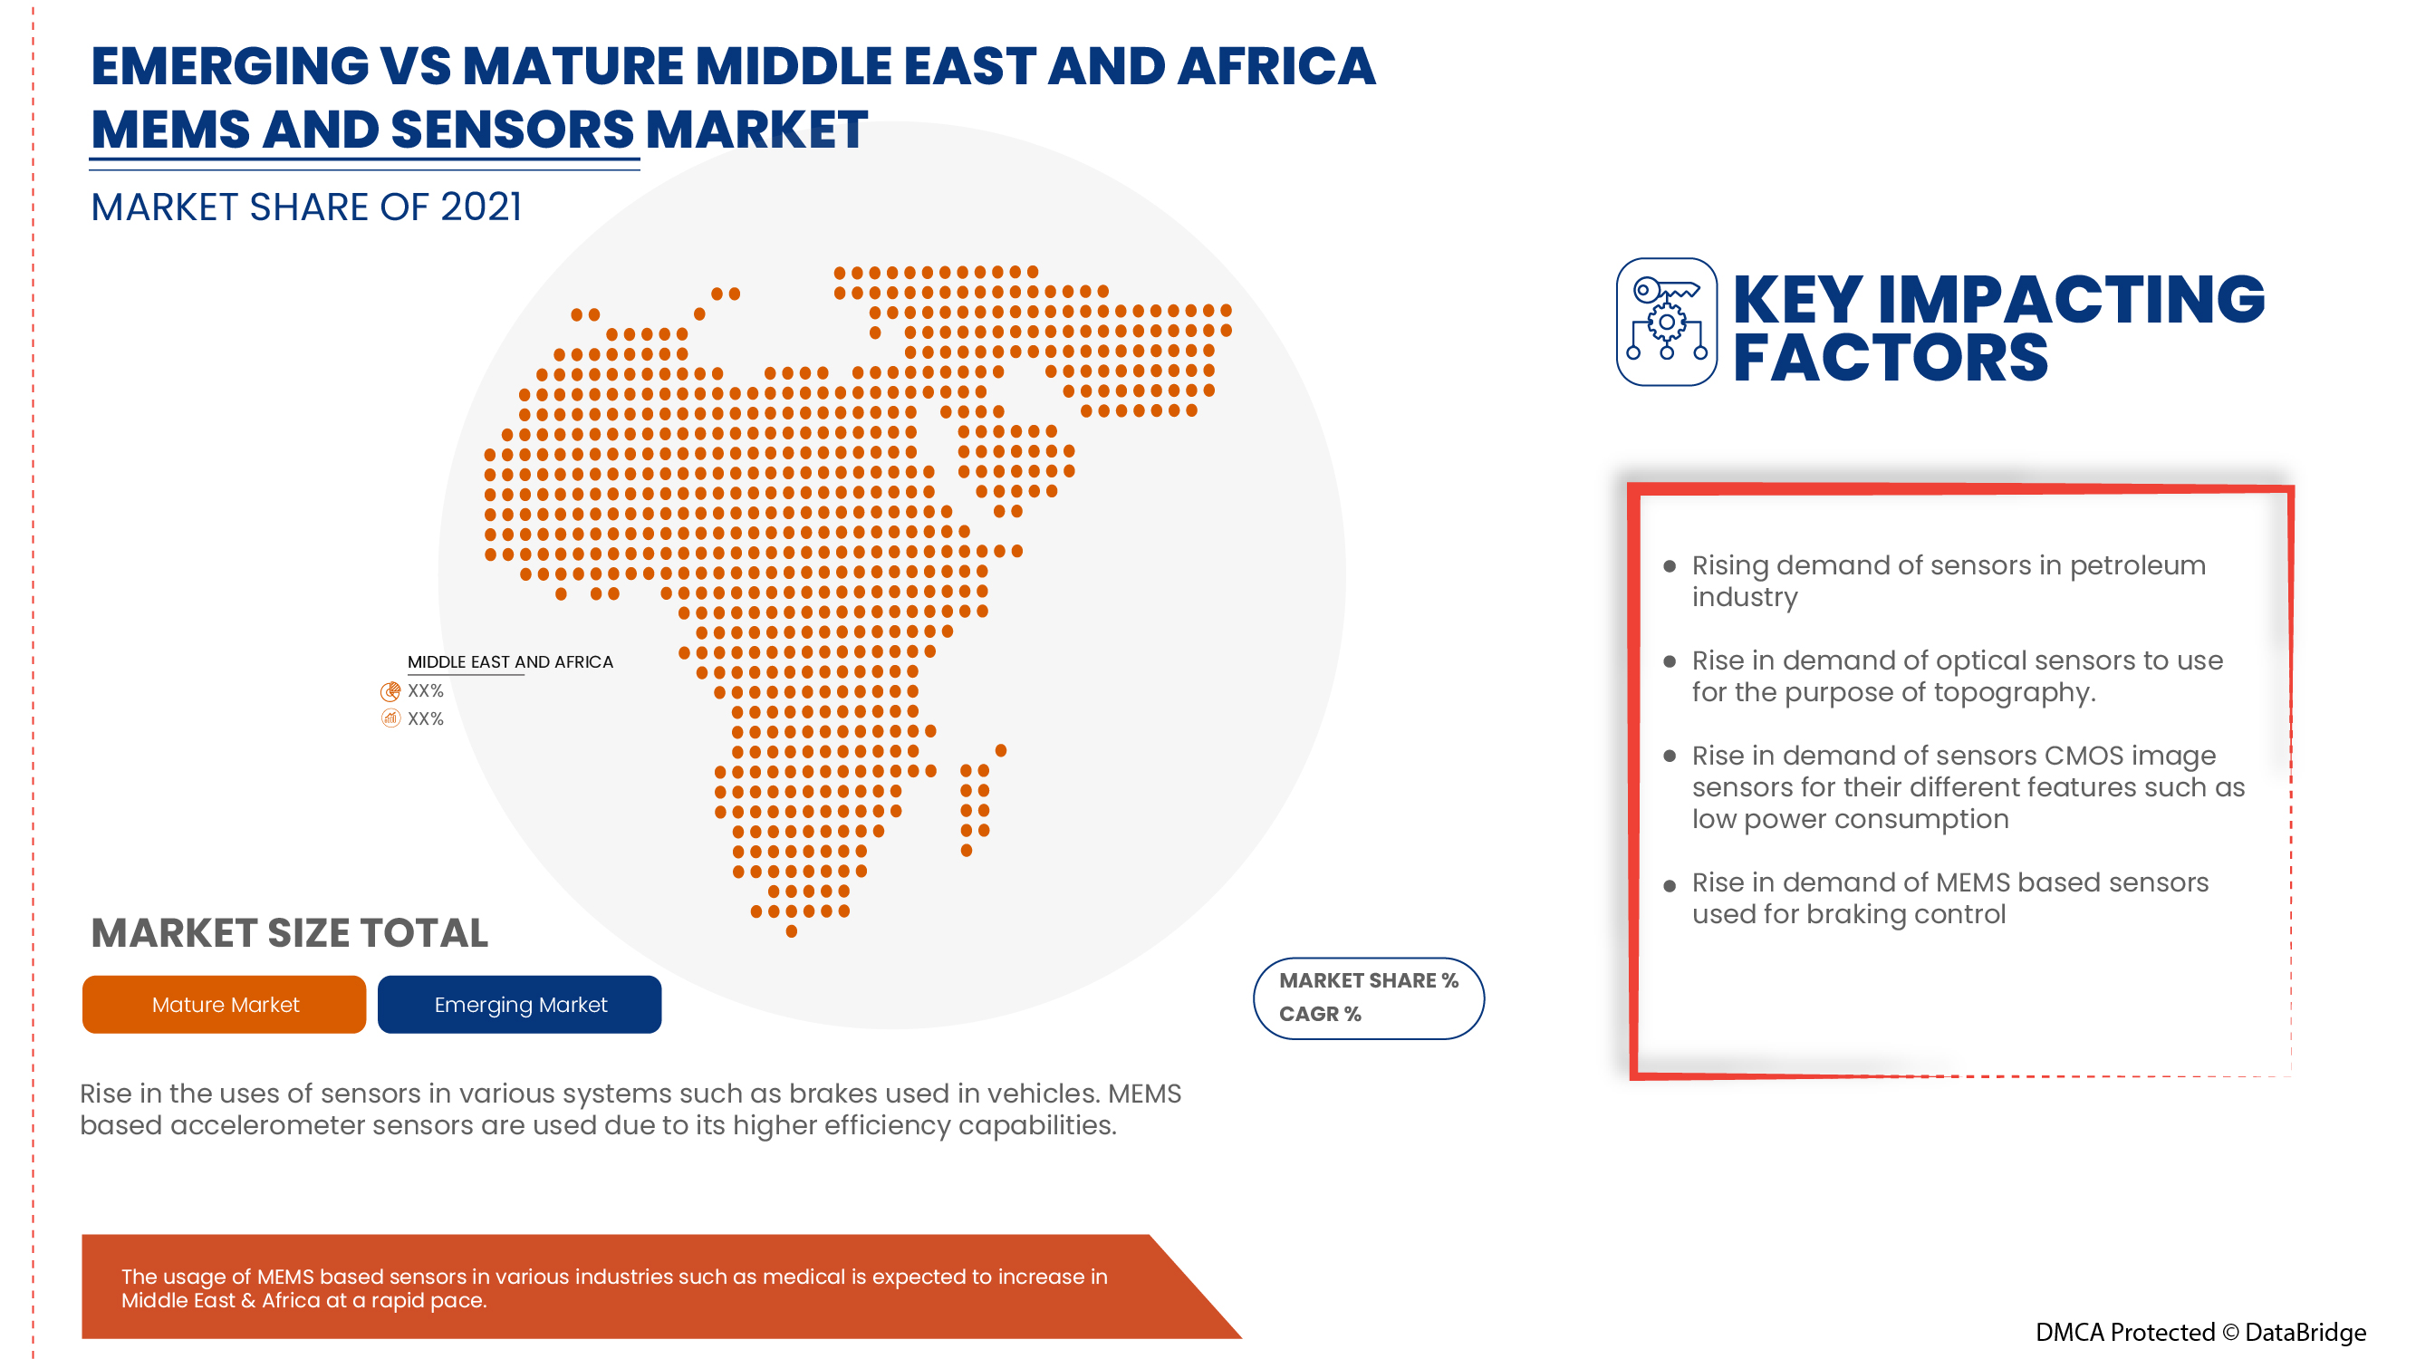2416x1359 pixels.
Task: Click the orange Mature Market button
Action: (224, 1005)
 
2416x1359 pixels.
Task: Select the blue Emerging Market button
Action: (520, 1005)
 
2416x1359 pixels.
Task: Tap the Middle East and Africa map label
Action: (510, 662)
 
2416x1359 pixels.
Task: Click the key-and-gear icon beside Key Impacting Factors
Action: (1667, 322)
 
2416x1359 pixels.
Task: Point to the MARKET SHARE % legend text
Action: (1369, 981)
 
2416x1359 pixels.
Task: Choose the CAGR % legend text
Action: (1320, 1015)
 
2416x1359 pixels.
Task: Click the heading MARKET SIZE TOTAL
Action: (289, 933)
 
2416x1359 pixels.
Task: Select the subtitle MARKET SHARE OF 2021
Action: (306, 207)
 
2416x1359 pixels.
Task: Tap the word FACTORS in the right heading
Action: (1890, 359)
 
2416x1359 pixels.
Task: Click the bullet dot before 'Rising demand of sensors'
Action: (1670, 566)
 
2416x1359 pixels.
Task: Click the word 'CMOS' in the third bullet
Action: (2083, 756)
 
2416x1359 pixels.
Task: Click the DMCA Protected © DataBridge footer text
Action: (2200, 1333)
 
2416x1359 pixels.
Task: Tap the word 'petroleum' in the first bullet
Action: (2138, 566)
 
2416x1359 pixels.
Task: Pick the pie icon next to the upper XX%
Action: (390, 692)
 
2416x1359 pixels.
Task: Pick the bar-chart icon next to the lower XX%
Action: (390, 719)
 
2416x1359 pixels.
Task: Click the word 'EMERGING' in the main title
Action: (230, 66)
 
